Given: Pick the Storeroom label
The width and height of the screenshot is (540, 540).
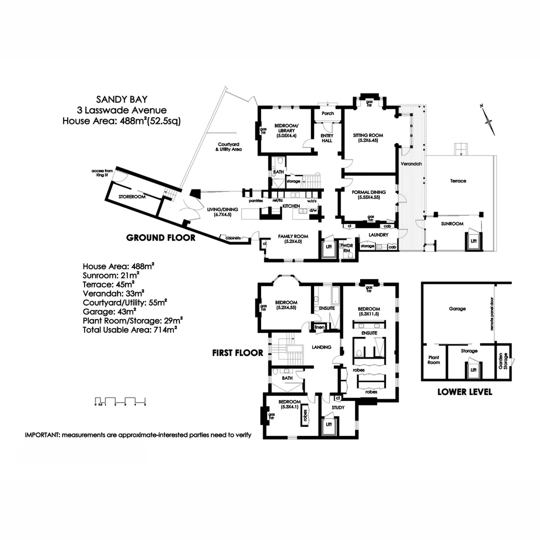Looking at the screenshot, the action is (131, 197).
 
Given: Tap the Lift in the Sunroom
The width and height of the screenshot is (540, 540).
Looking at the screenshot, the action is (472, 241).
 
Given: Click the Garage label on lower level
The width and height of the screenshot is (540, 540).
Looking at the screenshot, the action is (457, 309).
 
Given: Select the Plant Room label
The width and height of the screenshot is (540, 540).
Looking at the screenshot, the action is (433, 360).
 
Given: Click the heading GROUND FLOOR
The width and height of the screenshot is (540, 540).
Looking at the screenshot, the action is (160, 237).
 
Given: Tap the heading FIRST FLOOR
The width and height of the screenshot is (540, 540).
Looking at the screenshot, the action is (236, 352).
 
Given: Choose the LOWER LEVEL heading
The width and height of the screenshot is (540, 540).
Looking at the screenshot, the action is (464, 392).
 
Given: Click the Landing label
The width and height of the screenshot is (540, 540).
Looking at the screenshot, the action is (320, 347).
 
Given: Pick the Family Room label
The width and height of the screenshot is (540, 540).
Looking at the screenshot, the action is (293, 239).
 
